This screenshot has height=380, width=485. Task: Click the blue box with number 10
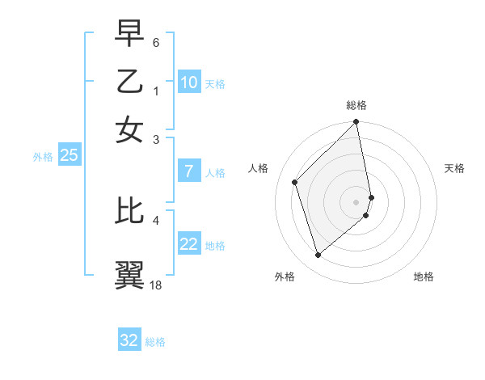click(188, 82)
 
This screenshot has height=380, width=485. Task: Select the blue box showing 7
click(188, 171)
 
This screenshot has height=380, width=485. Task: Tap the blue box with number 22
click(188, 244)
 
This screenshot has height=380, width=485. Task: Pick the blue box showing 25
click(69, 155)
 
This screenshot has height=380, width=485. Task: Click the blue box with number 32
click(129, 340)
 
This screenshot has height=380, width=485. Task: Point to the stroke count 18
click(156, 285)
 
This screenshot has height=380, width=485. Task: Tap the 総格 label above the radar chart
click(356, 105)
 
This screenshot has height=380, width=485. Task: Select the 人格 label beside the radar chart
click(259, 168)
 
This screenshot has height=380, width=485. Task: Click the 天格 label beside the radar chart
click(454, 168)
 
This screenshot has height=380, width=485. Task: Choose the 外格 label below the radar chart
click(285, 277)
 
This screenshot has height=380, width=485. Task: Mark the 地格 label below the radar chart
click(424, 277)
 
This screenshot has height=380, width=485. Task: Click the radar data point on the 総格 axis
click(356, 123)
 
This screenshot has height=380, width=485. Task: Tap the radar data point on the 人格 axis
click(295, 182)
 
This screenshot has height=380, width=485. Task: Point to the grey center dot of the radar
click(356, 201)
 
